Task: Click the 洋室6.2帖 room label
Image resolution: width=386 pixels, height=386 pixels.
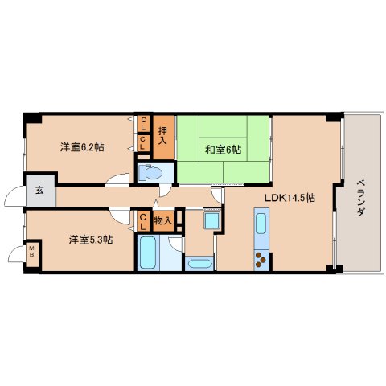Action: (84, 147)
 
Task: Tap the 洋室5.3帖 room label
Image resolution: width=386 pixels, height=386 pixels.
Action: (89, 239)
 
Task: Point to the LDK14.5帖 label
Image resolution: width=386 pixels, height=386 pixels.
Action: (290, 198)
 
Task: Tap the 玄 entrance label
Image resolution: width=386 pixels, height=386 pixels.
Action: (39, 191)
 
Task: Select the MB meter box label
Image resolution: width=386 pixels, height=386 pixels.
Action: (32, 254)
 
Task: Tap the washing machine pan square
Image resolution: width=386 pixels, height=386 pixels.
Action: (212, 220)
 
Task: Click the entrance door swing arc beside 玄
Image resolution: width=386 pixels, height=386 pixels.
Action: (14, 197)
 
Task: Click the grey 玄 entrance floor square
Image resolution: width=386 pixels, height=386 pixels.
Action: (39, 191)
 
